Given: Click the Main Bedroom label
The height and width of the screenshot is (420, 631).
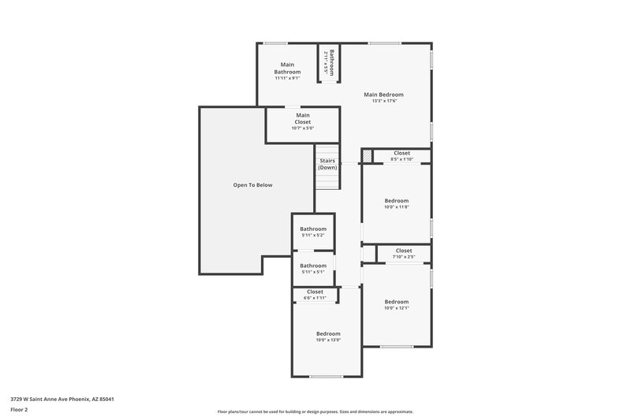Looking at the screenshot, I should [385, 95].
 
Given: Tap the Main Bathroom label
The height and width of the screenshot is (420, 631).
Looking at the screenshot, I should [287, 68].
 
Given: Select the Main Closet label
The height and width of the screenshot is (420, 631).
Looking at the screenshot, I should [303, 118].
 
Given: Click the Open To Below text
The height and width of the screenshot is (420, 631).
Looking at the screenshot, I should [252, 185].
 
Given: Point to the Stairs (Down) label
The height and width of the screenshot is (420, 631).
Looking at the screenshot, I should [327, 164].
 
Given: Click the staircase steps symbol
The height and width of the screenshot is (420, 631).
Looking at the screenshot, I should [327, 180].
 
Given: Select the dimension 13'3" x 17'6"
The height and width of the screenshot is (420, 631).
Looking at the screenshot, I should [385, 101].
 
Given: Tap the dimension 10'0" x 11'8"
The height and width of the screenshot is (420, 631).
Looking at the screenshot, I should [397, 207].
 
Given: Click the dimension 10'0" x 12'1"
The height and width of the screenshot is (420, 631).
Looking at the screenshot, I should [397, 308].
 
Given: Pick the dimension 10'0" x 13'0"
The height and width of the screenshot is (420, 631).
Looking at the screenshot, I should [328, 340].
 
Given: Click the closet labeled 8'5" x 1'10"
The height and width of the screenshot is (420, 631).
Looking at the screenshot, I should [401, 156].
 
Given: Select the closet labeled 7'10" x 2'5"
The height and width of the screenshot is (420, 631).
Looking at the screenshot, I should [403, 254].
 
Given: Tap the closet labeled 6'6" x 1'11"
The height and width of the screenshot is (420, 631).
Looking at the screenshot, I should [315, 295].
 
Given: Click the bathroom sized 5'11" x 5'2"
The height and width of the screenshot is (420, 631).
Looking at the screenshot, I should [312, 232].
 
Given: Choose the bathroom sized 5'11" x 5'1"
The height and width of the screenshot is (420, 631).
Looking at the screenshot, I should [312, 269].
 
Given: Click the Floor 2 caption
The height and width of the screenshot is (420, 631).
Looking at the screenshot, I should [20, 410].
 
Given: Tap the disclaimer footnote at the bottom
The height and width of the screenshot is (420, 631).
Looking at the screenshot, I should [315, 411].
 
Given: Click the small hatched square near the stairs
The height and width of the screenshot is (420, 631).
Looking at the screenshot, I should [367, 156].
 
